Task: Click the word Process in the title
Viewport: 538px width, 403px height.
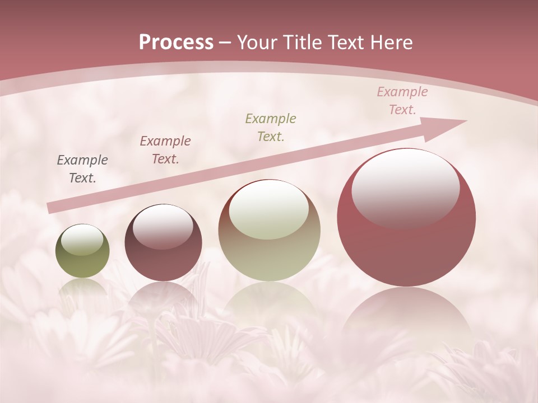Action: tap(176, 43)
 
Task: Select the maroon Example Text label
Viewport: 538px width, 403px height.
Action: tap(165, 149)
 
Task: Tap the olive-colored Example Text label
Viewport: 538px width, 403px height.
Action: tap(271, 127)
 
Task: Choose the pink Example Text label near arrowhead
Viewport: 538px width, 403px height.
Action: tap(402, 101)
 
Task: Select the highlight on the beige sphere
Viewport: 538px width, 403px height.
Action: tap(268, 210)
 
